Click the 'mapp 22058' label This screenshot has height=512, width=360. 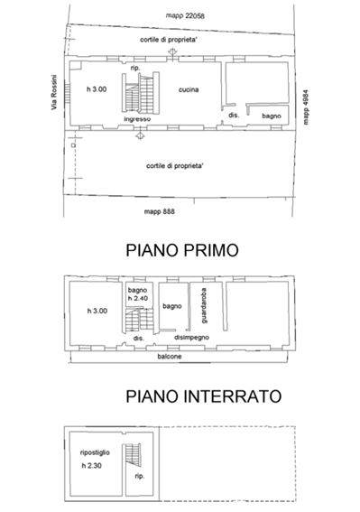[x=185, y=15]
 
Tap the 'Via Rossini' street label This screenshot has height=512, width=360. [x=54, y=92]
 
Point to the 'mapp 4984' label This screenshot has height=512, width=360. [x=306, y=107]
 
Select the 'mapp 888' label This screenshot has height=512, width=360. [x=160, y=211]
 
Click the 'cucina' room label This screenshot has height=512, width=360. [x=189, y=89]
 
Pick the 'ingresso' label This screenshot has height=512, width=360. [x=137, y=119]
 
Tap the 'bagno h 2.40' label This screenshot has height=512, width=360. [x=138, y=293]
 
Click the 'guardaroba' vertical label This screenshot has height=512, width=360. [x=204, y=305]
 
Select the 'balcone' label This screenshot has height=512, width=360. [x=170, y=357]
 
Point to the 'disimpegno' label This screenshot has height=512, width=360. [x=191, y=338]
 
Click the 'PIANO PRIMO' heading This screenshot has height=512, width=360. [x=182, y=250]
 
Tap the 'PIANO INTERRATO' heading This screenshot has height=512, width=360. [x=204, y=396]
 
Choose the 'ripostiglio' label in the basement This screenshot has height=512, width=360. [x=95, y=452]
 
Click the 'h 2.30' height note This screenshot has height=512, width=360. [x=92, y=466]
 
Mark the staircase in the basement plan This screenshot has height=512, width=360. [x=133, y=455]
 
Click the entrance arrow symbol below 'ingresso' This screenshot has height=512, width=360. [x=140, y=135]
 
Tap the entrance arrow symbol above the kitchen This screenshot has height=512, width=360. [x=172, y=52]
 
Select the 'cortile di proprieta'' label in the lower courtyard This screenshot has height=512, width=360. [x=175, y=166]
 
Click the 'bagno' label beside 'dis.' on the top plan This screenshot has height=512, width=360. [x=272, y=116]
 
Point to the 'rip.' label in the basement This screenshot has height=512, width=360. [x=139, y=477]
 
